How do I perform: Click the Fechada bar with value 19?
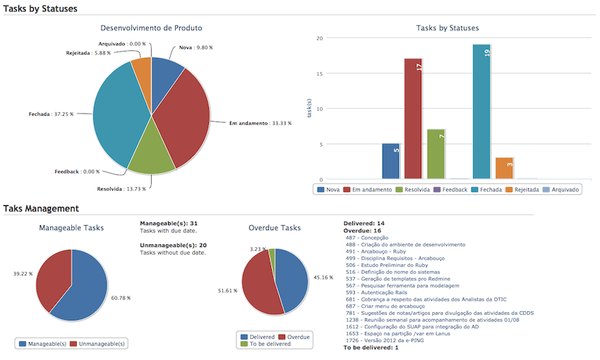point(481,112)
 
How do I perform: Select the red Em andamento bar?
point(413,119)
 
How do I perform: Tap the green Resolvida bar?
point(436,154)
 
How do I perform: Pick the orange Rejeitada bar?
point(504,168)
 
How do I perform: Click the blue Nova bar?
point(390,161)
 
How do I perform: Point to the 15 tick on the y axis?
point(320,73)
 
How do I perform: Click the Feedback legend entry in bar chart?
point(450,190)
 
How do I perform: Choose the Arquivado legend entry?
point(560,190)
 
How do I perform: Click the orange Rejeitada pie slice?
point(142,67)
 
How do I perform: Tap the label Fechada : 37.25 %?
point(51,114)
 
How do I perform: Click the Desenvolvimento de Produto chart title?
point(151,28)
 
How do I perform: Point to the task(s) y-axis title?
point(309,108)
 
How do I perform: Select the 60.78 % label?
point(121,298)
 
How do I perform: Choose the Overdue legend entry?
point(294,337)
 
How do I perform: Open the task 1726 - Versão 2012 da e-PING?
point(385,340)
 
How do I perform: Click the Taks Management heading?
point(41,208)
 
